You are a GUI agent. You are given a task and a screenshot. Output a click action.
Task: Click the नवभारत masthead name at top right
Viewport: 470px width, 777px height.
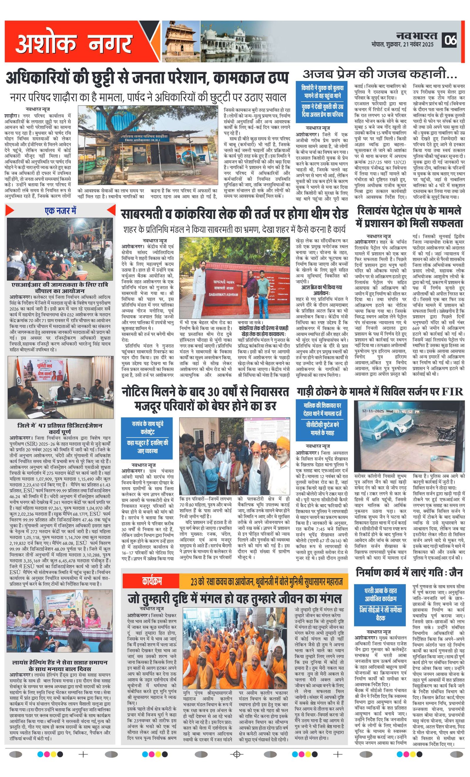coord(417,35)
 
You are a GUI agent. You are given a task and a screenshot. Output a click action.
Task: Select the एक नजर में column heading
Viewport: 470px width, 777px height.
coord(60,210)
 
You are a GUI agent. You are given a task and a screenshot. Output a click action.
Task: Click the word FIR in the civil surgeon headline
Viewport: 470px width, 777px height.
coord(452,391)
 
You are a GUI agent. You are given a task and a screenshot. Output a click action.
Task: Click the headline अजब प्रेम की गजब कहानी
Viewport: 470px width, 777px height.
coord(380,74)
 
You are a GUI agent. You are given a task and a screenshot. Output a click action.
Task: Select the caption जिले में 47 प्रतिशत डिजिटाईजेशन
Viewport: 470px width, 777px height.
coord(60,428)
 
